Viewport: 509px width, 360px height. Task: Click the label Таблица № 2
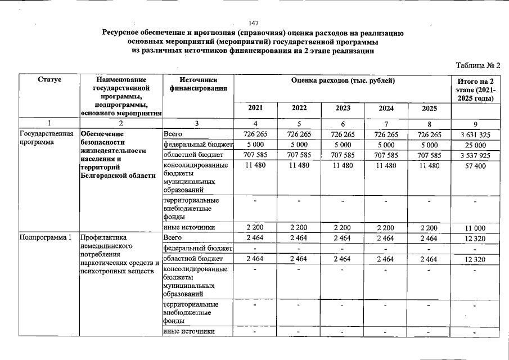click(x=478, y=65)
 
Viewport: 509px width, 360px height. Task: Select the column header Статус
click(x=49, y=80)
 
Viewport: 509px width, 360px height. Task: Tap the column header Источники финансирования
click(x=193, y=84)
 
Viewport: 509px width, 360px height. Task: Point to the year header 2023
click(x=343, y=109)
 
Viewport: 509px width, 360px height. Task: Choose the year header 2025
click(x=430, y=109)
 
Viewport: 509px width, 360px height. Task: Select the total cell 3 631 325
click(x=475, y=134)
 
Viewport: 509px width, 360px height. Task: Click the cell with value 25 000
click(x=475, y=145)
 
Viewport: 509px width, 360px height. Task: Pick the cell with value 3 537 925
click(x=475, y=155)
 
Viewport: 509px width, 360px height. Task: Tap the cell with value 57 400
click(x=475, y=165)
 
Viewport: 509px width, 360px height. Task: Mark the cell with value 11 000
click(x=475, y=228)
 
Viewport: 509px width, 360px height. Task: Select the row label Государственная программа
click(x=47, y=138)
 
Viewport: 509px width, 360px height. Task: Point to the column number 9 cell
click(x=475, y=124)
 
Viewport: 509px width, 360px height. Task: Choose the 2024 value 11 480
click(x=386, y=165)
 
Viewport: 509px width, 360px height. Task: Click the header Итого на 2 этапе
click(x=475, y=89)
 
